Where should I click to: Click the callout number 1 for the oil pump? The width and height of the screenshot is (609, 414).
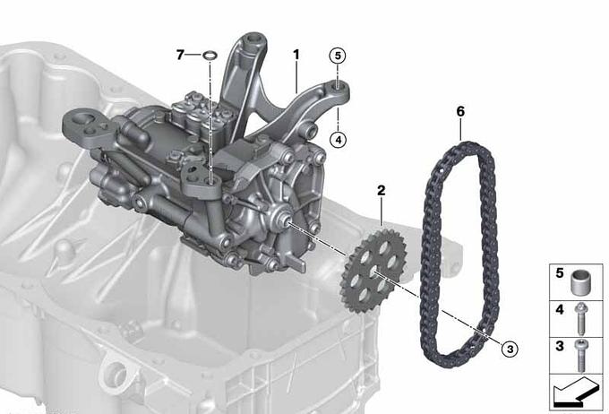296,55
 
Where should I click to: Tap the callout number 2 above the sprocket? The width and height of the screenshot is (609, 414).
381,191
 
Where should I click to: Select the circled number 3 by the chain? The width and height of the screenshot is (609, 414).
510,349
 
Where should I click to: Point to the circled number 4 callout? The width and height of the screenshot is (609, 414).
338,139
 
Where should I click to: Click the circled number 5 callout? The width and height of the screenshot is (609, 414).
338,56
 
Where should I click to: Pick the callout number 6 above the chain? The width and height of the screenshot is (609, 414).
460,112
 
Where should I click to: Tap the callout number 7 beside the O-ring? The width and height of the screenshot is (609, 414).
180,55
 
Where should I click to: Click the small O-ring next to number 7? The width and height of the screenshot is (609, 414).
210,56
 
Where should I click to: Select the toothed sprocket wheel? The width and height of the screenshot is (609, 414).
373,270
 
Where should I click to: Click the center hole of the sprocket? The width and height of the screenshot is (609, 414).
373,271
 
